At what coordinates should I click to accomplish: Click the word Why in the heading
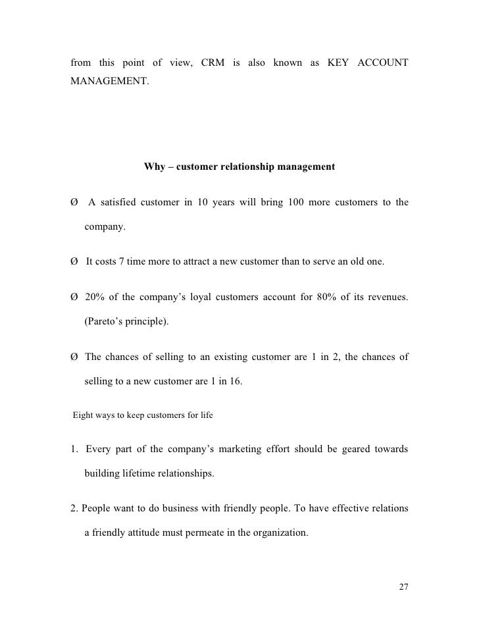click(x=155, y=167)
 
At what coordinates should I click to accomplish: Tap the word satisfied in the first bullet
click(x=119, y=201)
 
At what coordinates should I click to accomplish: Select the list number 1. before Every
click(x=74, y=450)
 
